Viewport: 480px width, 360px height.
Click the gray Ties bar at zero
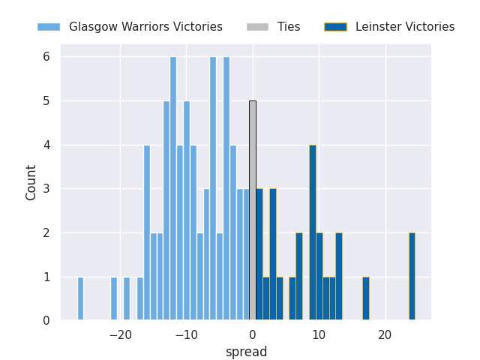click(253, 211)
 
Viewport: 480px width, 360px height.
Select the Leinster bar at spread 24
click(412, 277)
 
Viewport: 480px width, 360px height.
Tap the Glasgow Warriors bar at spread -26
click(80, 298)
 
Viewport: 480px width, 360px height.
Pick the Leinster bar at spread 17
click(365, 298)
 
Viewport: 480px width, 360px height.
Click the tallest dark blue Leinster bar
click(312, 232)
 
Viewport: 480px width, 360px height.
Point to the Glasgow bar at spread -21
click(114, 298)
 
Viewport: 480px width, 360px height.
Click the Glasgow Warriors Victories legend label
click(145, 27)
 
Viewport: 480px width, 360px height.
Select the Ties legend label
click(289, 27)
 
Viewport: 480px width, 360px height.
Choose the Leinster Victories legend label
click(405, 27)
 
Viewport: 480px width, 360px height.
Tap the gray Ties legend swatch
click(257, 27)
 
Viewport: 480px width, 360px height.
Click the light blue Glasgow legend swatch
click(49, 27)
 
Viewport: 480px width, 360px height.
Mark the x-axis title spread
click(246, 352)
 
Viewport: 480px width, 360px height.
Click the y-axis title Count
click(31, 182)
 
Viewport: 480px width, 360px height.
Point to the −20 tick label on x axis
click(120, 335)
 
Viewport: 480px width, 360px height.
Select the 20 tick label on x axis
click(385, 335)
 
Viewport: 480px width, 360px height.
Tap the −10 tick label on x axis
click(186, 335)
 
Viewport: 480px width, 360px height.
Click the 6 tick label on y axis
click(46, 57)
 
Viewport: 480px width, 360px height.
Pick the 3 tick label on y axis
click(46, 189)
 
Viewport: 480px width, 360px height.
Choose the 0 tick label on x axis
click(253, 335)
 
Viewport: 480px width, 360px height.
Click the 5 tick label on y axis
click(46, 101)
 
